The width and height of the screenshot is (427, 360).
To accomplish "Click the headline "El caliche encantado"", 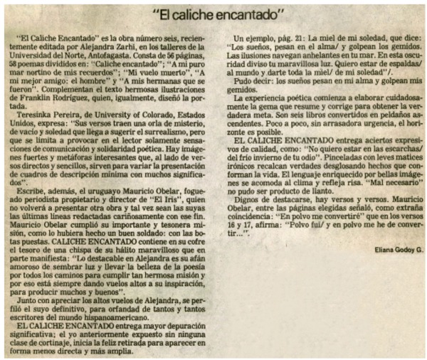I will pos(214,13).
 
